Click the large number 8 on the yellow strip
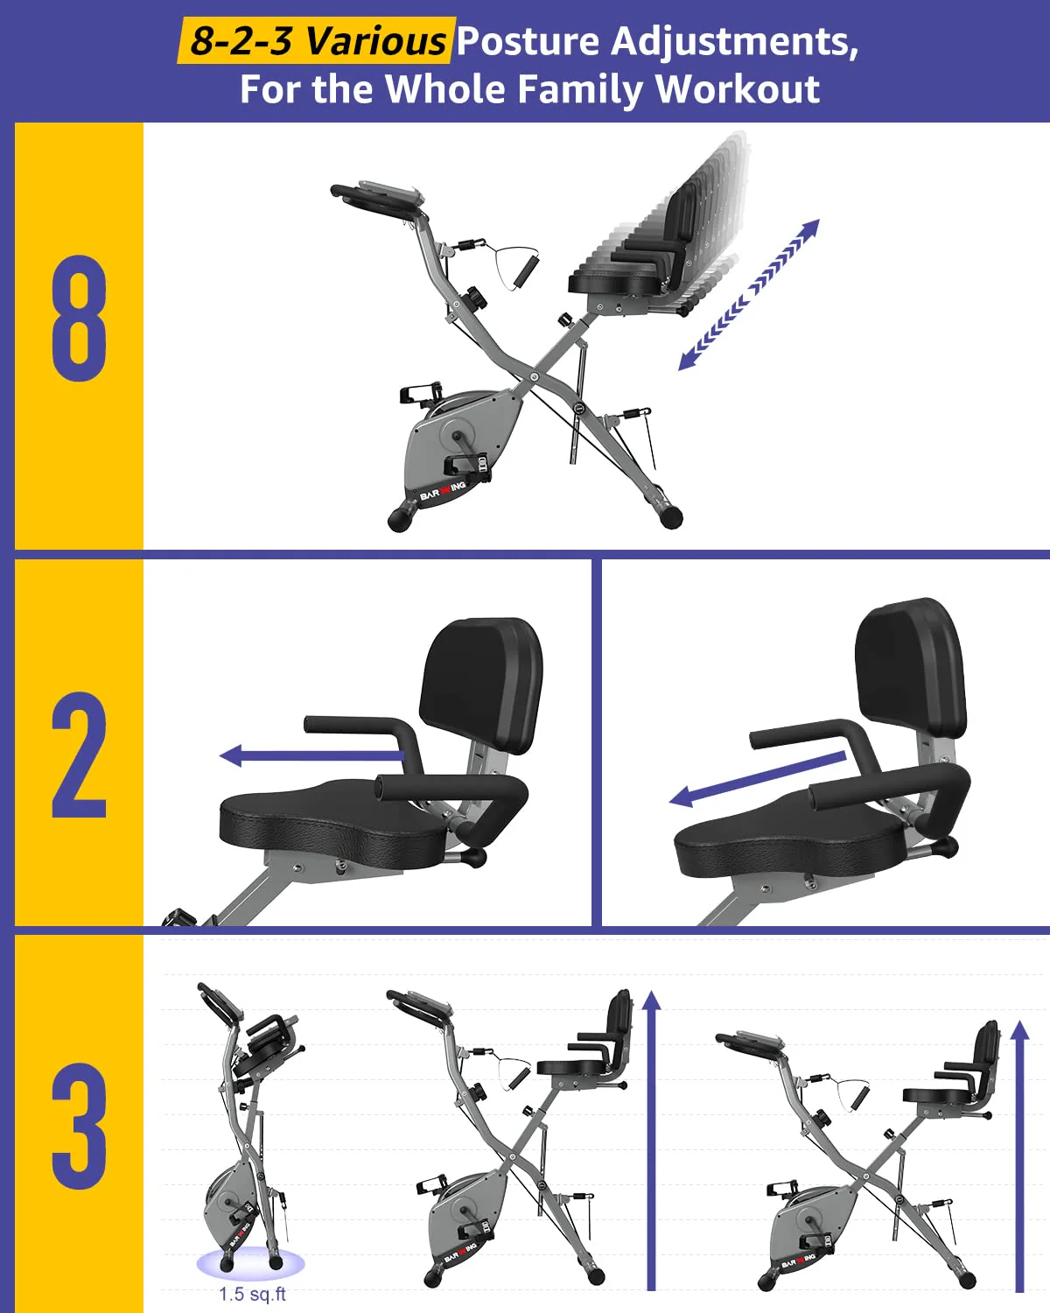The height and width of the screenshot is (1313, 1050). (79, 319)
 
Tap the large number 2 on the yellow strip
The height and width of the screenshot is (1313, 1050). (79, 755)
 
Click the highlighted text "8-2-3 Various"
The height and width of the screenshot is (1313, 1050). (316, 41)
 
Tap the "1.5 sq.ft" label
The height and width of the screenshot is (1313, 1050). (252, 1294)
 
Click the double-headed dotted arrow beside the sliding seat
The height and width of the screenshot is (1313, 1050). (749, 294)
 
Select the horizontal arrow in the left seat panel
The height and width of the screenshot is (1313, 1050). (311, 755)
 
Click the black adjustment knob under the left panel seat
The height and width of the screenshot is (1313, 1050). (473, 856)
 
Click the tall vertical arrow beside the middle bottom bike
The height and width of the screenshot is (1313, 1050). (652, 1138)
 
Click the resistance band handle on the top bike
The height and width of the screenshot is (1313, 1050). (522, 270)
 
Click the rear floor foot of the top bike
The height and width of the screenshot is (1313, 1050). (670, 517)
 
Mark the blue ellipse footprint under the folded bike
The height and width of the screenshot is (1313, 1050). (250, 1264)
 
